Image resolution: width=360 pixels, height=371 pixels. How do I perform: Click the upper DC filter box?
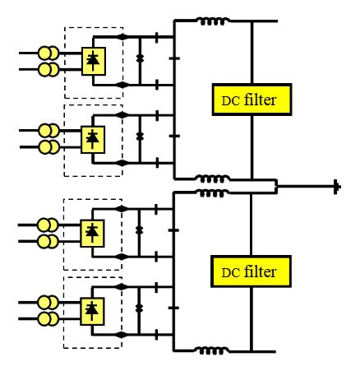point(252,100)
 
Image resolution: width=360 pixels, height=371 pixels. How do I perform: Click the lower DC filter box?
point(251,271)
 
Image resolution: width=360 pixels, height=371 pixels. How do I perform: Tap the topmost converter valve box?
point(94,61)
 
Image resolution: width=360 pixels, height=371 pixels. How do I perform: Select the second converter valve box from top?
point(93,140)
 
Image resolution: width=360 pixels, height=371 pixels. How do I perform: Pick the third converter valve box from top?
point(92,234)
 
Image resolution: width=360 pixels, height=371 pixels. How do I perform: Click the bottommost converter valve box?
point(92,312)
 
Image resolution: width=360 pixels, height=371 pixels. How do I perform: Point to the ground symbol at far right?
point(337,187)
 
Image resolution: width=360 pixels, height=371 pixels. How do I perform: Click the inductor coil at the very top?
point(213,21)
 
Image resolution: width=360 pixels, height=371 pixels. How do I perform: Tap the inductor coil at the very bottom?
point(211,350)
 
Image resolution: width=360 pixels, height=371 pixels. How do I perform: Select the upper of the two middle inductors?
point(213,179)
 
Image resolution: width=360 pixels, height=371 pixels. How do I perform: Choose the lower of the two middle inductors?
point(213,192)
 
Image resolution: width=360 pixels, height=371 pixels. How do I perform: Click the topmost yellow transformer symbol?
point(48,53)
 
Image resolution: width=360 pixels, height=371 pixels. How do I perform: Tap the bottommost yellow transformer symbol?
point(48,319)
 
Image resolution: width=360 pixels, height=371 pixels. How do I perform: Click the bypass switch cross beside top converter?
point(140,58)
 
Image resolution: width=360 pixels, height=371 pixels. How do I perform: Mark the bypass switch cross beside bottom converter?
point(139,308)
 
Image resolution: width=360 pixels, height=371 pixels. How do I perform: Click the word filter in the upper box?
point(260,100)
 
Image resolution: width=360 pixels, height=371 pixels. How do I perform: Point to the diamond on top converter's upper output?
point(122,36)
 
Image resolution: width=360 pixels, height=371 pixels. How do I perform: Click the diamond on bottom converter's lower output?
point(122,335)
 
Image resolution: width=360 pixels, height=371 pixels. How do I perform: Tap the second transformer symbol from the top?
point(48,69)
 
